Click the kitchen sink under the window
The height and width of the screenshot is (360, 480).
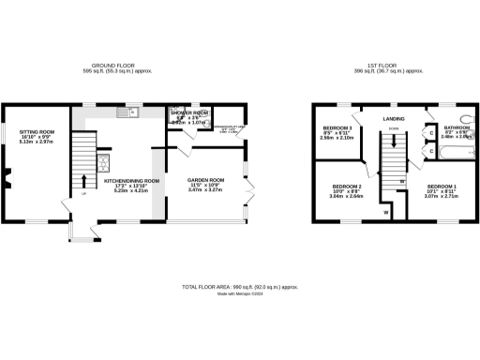click(126, 113)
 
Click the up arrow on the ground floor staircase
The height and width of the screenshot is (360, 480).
click(84, 180)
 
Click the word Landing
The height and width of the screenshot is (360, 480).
click(394, 119)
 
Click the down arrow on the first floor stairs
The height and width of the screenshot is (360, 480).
click(393, 141)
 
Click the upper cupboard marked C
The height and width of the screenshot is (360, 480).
click(429, 132)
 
